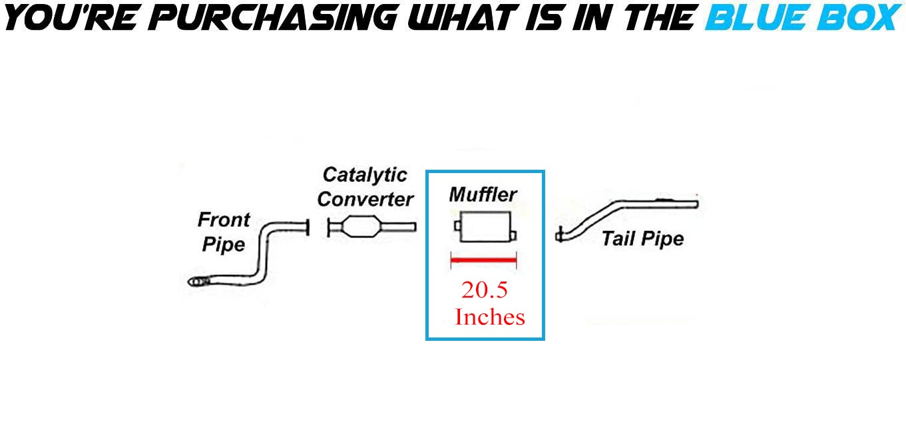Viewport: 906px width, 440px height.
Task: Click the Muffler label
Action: click(x=483, y=194)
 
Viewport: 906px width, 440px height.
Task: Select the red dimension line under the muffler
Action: click(x=484, y=261)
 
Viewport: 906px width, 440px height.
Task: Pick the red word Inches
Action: click(x=490, y=317)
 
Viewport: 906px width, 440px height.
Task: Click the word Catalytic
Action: click(x=365, y=175)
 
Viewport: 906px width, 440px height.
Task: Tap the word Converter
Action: click(x=365, y=198)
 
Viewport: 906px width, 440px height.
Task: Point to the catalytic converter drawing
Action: click(x=363, y=227)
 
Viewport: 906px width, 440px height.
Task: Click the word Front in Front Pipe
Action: click(x=224, y=220)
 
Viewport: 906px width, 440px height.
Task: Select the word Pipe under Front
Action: click(x=224, y=244)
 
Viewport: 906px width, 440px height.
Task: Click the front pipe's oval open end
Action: click(x=196, y=282)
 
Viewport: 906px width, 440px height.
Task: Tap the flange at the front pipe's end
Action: click(x=308, y=227)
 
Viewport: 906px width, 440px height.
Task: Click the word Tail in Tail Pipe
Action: click(x=617, y=238)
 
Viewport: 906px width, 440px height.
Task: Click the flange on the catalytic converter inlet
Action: click(x=330, y=228)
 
